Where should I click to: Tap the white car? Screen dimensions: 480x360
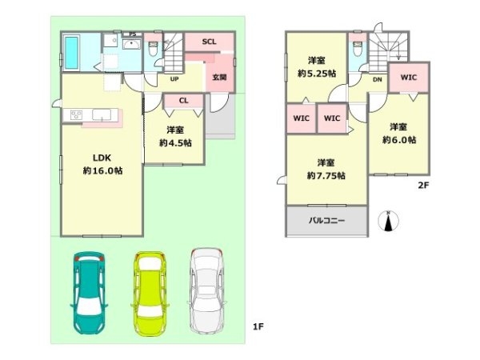(x=206, y=291)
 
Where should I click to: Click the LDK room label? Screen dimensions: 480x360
(x=102, y=158)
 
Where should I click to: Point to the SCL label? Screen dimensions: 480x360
(x=209, y=42)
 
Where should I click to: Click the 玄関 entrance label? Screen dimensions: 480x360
(x=220, y=77)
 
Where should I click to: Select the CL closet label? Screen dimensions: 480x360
(x=184, y=101)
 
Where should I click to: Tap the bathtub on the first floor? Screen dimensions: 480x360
(x=72, y=53)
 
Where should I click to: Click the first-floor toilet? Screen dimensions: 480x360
(x=153, y=48)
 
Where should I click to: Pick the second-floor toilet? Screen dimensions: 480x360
(x=358, y=49)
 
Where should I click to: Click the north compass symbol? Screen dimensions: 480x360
(x=388, y=221)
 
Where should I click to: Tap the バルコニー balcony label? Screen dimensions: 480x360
(x=326, y=221)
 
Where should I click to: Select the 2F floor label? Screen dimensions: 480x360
(x=424, y=186)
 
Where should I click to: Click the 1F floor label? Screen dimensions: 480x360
(x=258, y=327)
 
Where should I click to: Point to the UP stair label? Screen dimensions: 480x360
(x=174, y=79)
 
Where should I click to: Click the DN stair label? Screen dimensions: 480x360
(x=378, y=79)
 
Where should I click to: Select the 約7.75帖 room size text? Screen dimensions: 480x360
(x=326, y=176)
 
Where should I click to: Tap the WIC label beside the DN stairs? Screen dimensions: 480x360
(x=409, y=78)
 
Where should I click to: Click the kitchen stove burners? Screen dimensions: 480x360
(x=76, y=114)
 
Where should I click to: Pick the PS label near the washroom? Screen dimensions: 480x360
(x=133, y=34)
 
